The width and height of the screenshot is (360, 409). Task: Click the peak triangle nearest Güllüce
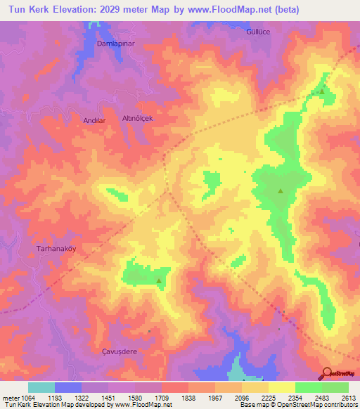pyautogui.click(x=322, y=91)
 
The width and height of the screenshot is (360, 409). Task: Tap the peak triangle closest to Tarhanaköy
pyautogui.click(x=159, y=281)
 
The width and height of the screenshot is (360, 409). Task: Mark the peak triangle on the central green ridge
pyautogui.click(x=281, y=190)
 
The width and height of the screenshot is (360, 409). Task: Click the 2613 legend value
pyautogui.click(x=349, y=398)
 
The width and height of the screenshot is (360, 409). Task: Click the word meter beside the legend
pyautogui.click(x=9, y=398)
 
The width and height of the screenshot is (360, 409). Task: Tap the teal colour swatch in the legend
pyautogui.click(x=41, y=387)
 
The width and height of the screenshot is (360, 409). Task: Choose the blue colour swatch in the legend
pyautogui.click(x=68, y=387)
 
